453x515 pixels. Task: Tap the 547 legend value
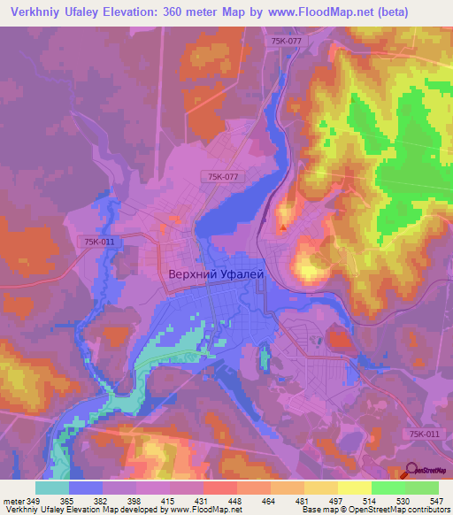[x=436, y=500]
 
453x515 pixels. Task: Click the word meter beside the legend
[x=12, y=500]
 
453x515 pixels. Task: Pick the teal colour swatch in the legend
[x=52, y=488]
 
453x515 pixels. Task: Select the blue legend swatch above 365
[x=86, y=488]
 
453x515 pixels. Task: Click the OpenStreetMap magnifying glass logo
[x=410, y=470]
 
